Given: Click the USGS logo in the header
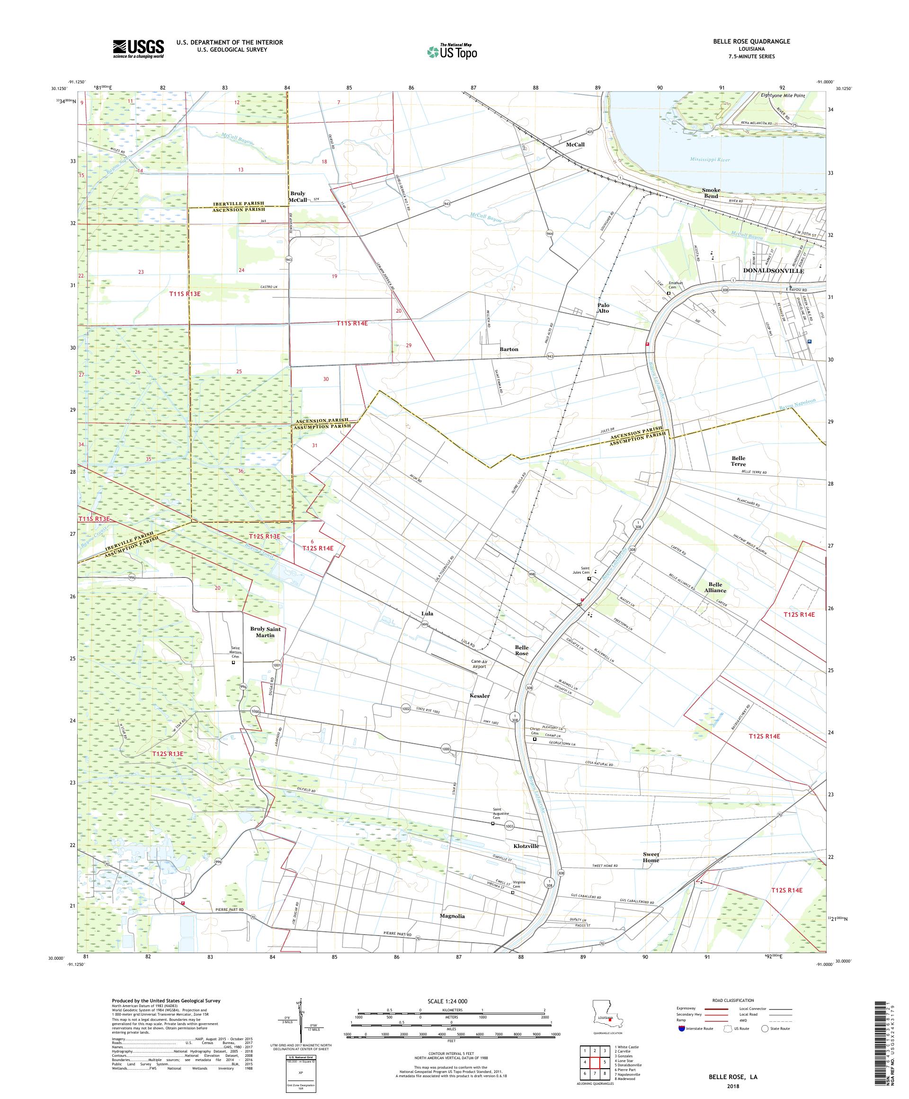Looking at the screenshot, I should (x=138, y=49).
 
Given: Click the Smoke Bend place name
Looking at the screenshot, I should (x=711, y=193).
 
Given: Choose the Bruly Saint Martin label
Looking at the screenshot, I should (x=265, y=632).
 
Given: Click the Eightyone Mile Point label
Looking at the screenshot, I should (x=782, y=95).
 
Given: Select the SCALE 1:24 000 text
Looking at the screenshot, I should (x=451, y=1001).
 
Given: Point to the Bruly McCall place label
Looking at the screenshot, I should (x=298, y=196).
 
